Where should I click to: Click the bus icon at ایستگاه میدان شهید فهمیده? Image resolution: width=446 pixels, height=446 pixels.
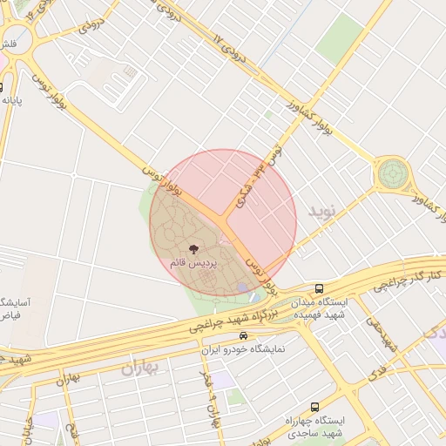tap(319, 288)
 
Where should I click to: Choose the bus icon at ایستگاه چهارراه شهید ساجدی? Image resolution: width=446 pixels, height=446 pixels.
tap(314, 407)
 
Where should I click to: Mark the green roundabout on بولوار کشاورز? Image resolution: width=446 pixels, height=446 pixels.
tap(391, 173)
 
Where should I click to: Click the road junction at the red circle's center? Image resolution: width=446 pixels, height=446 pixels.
tap(223, 222)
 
